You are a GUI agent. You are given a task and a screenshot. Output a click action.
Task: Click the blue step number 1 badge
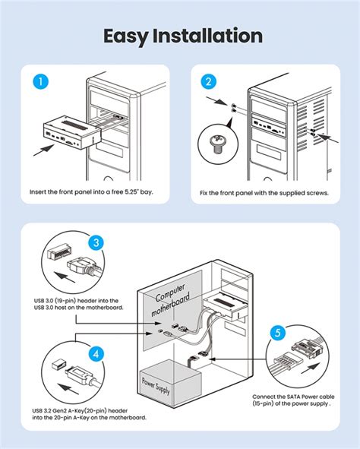(41, 81)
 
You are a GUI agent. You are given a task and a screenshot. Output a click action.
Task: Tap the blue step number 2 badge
(209, 81)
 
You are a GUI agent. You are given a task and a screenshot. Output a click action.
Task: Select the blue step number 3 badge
(96, 242)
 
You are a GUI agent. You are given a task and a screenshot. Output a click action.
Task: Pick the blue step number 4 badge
(96, 354)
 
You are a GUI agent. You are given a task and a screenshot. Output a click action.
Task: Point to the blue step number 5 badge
(278, 333)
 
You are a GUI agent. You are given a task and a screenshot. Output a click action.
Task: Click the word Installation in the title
(207, 36)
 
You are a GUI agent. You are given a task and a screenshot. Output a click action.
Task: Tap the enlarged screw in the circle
(218, 144)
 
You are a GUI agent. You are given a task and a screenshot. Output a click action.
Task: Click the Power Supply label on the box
(156, 386)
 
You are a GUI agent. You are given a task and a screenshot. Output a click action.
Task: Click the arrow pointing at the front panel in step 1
(43, 150)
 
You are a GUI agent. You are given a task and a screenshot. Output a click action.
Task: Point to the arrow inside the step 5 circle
(310, 368)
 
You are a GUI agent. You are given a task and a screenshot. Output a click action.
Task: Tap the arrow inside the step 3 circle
(65, 277)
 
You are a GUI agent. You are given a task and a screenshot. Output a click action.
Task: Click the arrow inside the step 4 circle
(68, 388)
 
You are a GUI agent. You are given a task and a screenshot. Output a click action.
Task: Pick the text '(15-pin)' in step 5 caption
(263, 403)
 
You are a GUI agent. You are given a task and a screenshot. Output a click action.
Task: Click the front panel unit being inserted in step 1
(71, 133)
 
